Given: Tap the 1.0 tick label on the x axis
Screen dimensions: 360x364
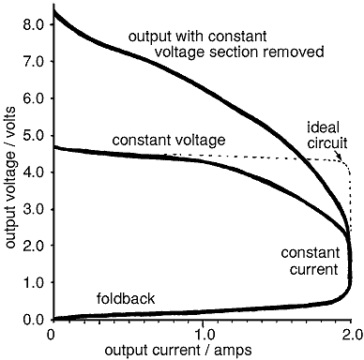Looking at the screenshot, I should coord(203,333).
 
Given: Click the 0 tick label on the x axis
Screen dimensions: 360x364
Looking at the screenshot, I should coord(52,333).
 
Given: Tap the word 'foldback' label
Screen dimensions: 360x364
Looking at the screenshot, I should coord(126,300).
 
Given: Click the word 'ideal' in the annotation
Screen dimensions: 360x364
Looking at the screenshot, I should coord(323,127).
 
